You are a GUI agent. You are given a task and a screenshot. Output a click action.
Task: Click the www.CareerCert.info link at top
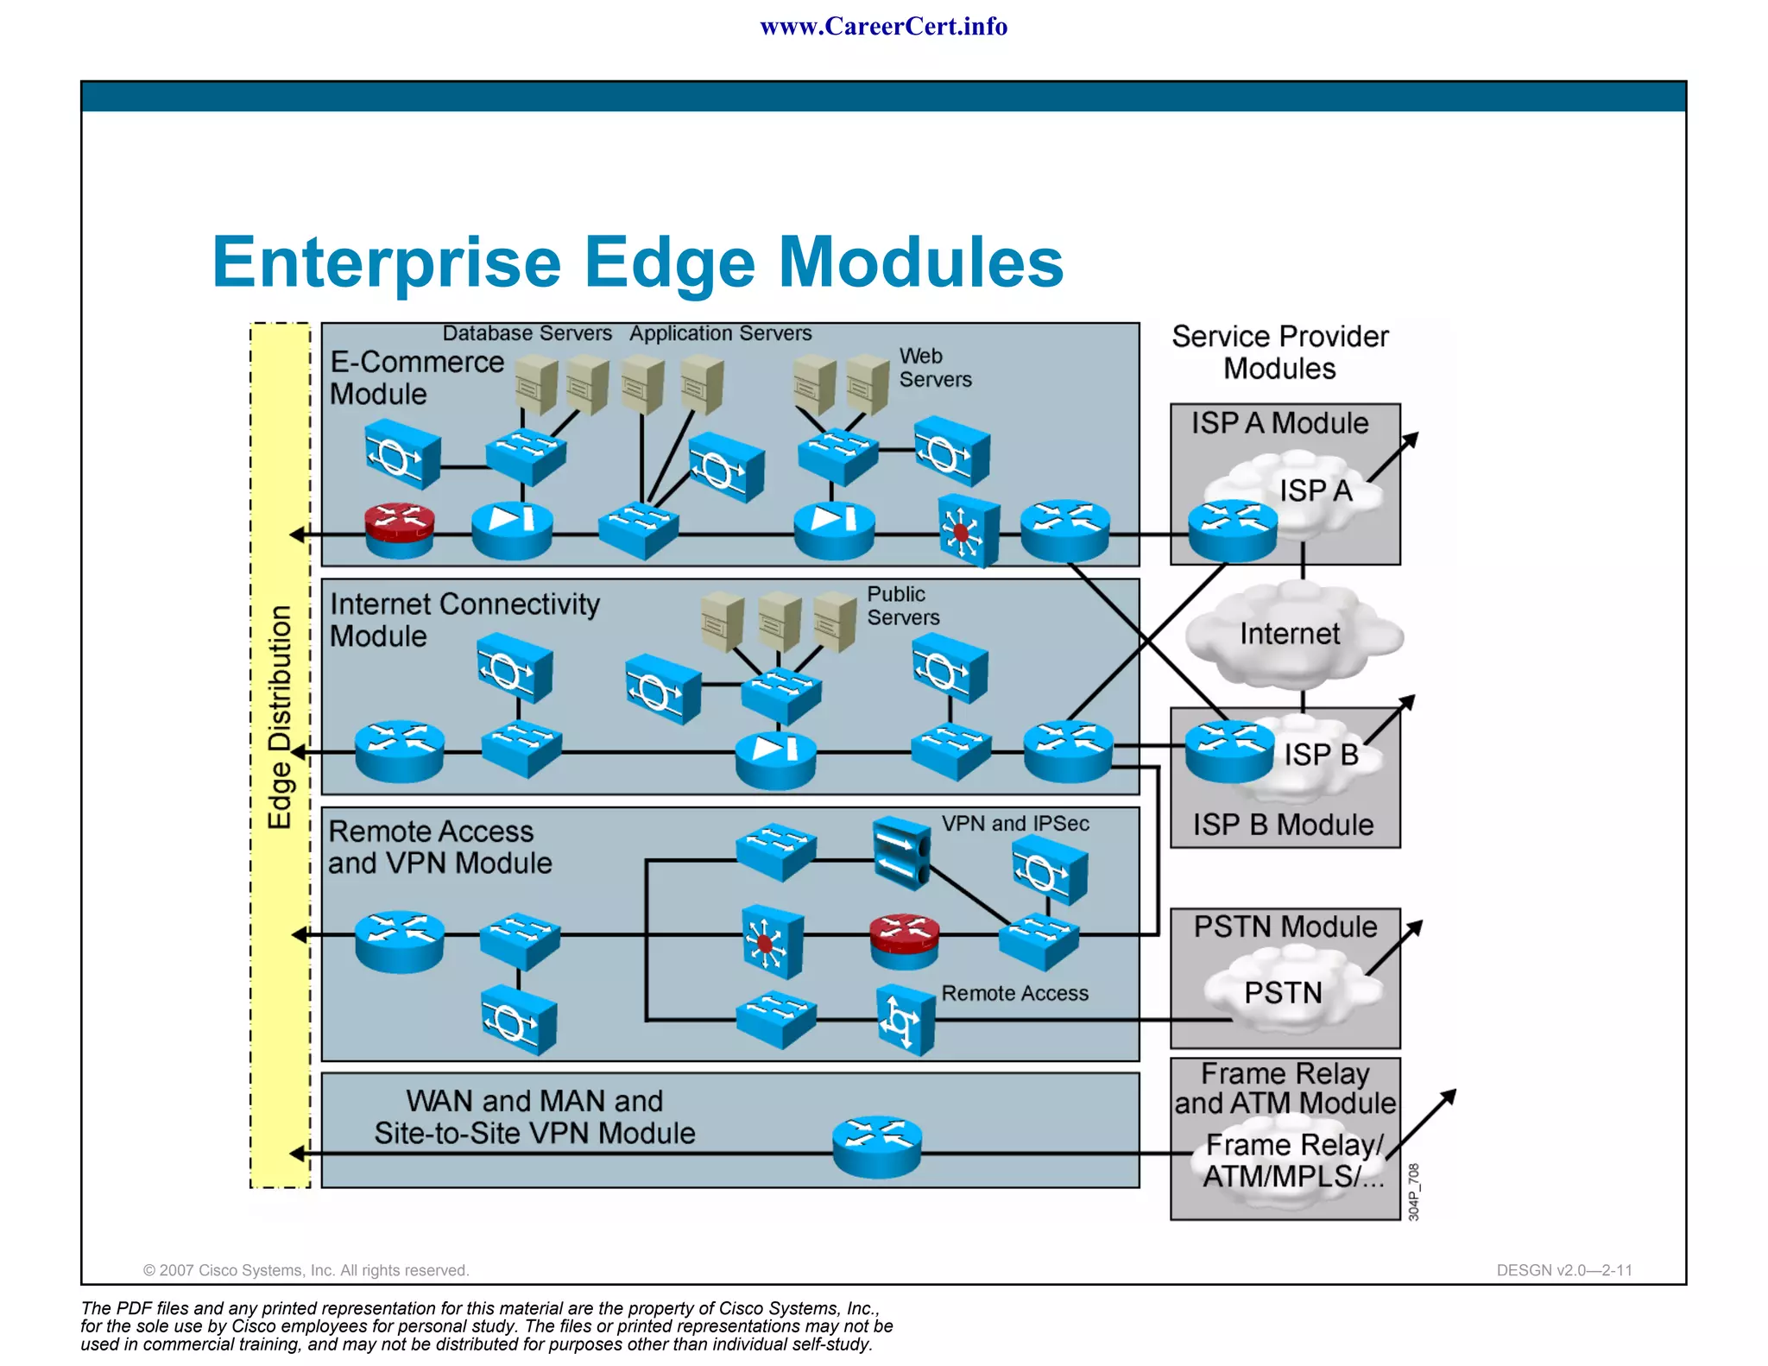pyautogui.click(x=883, y=27)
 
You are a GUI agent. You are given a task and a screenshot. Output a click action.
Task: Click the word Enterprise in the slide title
pyautogui.click(x=387, y=262)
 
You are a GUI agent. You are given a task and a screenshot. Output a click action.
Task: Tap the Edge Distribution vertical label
pyautogui.click(x=280, y=717)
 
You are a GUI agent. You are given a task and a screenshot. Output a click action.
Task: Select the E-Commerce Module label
pyautogui.click(x=416, y=377)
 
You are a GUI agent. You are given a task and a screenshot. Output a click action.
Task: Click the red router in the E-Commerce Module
pyautogui.click(x=399, y=528)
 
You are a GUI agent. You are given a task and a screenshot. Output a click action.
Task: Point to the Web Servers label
pyautogui.click(x=934, y=368)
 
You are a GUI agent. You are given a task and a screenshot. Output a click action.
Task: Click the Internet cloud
pyautogui.click(x=1290, y=635)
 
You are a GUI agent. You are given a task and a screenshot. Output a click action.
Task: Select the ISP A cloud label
pyautogui.click(x=1315, y=490)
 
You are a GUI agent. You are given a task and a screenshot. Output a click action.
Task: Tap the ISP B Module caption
pyautogui.click(x=1283, y=825)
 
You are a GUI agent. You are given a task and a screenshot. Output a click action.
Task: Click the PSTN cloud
pyautogui.click(x=1283, y=993)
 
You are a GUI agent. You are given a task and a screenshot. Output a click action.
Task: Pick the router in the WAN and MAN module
pyautogui.click(x=877, y=1147)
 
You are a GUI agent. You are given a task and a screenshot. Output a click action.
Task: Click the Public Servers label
pyautogui.click(x=902, y=605)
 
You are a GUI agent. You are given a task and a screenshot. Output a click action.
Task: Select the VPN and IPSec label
pyautogui.click(x=1014, y=824)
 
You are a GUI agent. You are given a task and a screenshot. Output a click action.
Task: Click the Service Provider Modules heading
pyautogui.click(x=1279, y=352)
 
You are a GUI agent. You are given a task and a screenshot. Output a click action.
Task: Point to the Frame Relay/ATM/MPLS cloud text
pyautogui.click(x=1293, y=1160)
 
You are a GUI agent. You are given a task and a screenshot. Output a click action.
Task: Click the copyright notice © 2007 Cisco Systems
pyautogui.click(x=306, y=1270)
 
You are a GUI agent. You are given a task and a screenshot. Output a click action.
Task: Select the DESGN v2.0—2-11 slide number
pyautogui.click(x=1563, y=1270)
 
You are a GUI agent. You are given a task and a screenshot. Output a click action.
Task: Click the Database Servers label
pyautogui.click(x=527, y=333)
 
